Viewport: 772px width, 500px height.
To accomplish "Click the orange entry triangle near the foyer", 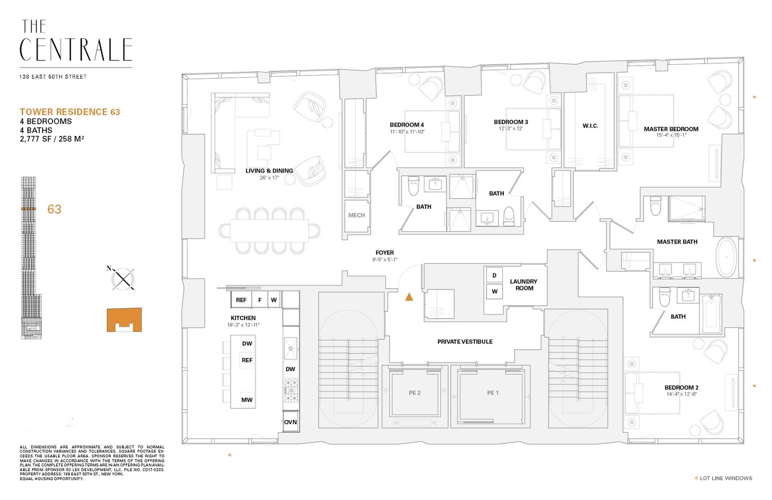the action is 409,297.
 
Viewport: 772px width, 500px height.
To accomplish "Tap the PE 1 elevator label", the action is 493,393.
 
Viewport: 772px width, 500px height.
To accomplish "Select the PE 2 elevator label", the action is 414,393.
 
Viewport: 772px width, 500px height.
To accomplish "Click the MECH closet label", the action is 356,215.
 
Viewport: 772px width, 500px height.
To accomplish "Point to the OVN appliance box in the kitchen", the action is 290,422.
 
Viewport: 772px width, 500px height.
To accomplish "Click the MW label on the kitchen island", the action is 247,400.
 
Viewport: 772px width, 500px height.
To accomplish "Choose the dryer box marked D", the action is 494,275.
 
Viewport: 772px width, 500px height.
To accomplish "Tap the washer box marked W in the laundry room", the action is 494,291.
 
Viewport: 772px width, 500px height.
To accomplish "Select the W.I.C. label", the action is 590,126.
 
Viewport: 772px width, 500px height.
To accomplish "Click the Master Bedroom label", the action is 671,129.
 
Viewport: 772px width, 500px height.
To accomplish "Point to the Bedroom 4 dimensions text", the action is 407,132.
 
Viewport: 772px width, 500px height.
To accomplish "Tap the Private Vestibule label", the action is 465,342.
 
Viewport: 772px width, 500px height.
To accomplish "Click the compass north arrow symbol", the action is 123,279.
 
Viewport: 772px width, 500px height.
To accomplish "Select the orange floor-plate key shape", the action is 124,320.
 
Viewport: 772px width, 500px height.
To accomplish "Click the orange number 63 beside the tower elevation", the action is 54,209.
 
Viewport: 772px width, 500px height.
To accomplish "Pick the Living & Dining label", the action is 269,171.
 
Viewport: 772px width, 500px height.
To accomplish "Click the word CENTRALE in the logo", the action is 76,50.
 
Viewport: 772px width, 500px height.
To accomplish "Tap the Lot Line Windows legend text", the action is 726,478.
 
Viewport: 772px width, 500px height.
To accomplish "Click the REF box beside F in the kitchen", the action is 241,300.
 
